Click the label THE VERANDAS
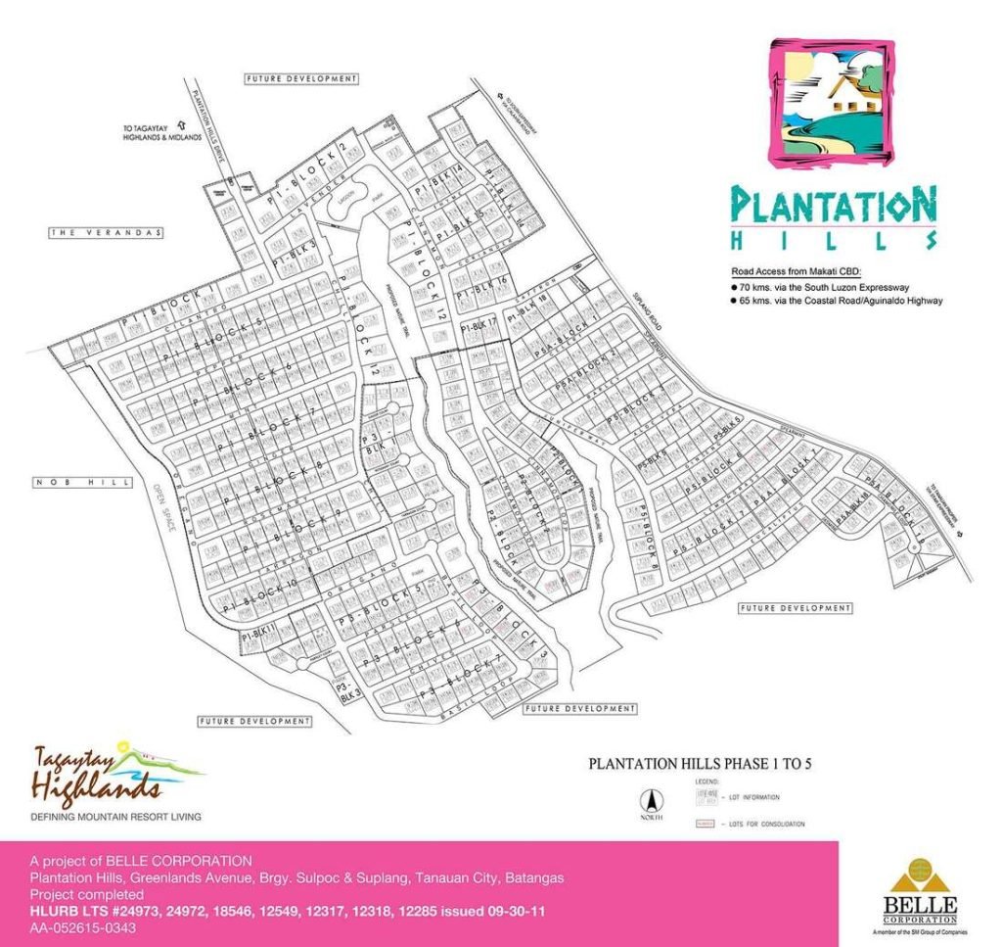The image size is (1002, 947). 107,233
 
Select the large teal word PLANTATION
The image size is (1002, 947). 834,206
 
